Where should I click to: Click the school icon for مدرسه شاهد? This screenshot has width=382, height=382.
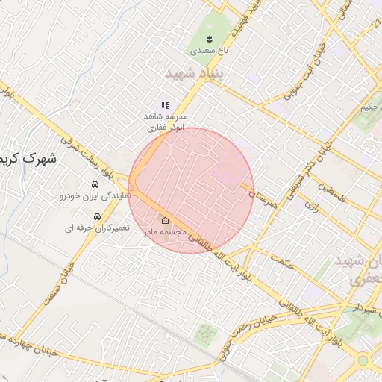coord(165,106)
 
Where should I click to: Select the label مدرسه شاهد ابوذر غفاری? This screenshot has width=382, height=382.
coord(166,122)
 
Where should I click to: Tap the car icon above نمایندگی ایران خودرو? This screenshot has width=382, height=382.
coord(95,184)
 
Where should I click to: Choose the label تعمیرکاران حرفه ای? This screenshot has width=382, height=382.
coord(98,227)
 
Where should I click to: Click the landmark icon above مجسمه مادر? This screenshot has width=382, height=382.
coord(166,221)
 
